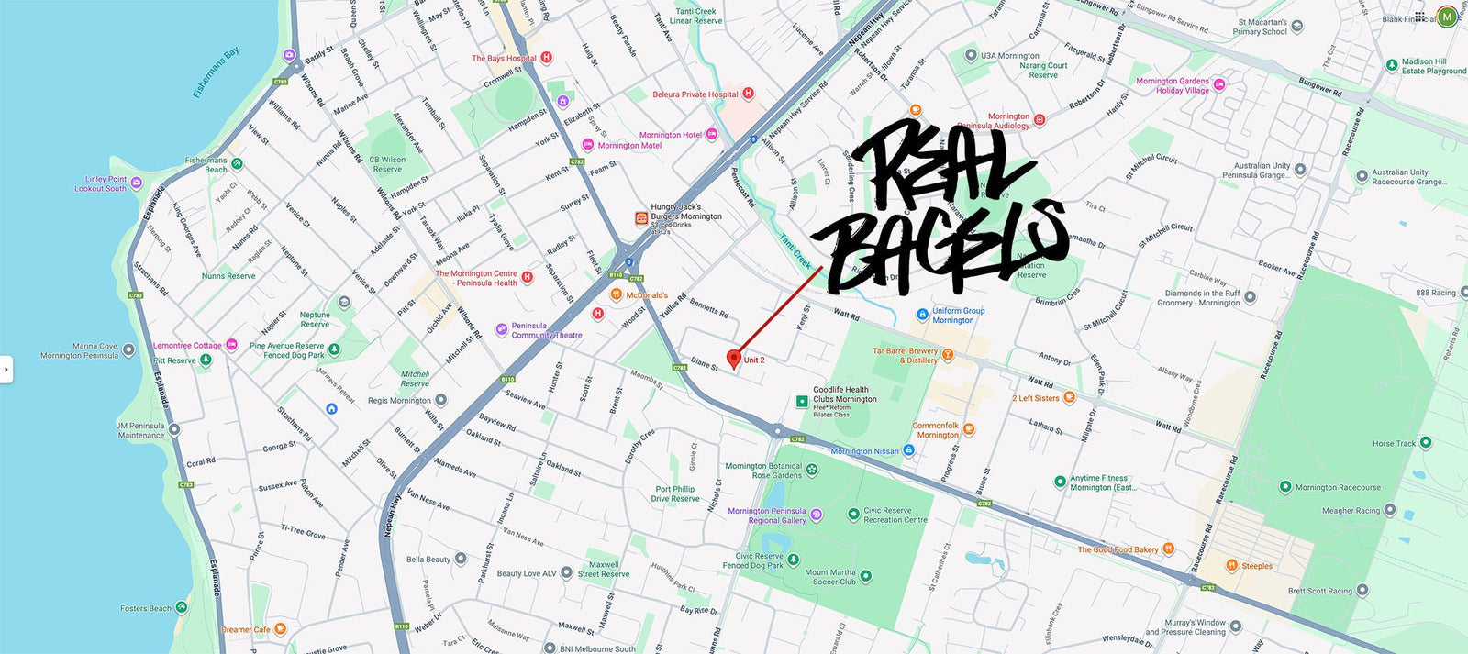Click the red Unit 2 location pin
pos(733,358)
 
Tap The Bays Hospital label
pos(504,58)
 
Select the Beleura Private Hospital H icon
pos(748,94)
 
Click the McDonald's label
pos(647,295)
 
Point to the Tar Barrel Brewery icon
pos(948,355)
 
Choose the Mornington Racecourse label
pos(1338,487)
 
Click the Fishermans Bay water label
pos(217,72)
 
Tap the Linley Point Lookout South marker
pos(137,183)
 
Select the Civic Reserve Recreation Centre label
pos(895,515)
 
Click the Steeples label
pos(1256,566)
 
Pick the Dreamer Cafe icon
pos(281,629)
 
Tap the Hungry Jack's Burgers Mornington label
pos(686,212)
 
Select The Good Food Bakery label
pos(1118,549)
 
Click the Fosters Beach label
pos(146,608)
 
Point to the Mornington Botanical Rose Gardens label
pos(763,471)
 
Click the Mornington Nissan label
pos(864,451)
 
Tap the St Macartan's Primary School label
pos(1262,27)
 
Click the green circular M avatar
pos(1447,16)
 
